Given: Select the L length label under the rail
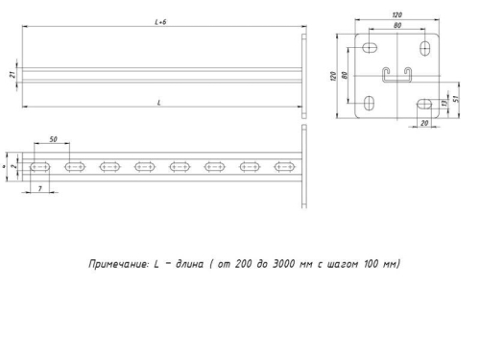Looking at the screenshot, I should pos(158,102).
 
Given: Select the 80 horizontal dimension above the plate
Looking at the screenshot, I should pos(396,27).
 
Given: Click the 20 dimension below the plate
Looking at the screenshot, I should pos(422,125).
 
